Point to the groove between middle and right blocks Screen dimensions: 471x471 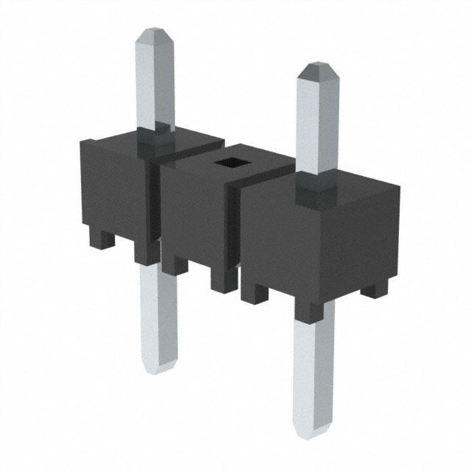[237, 228]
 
